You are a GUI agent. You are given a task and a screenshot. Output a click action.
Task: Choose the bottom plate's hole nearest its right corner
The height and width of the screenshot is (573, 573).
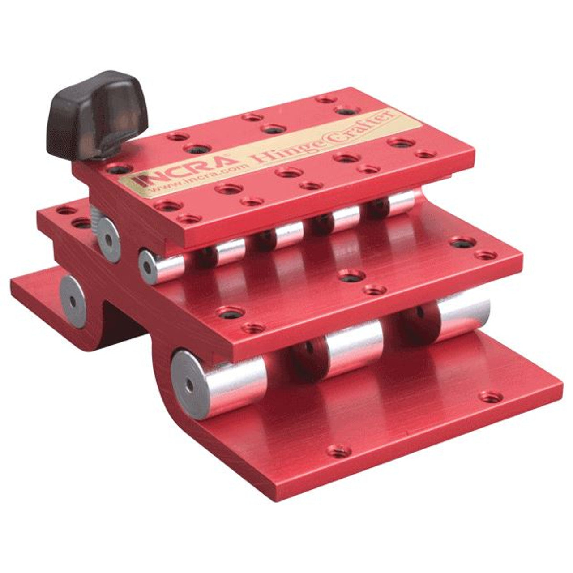point(490,397)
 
